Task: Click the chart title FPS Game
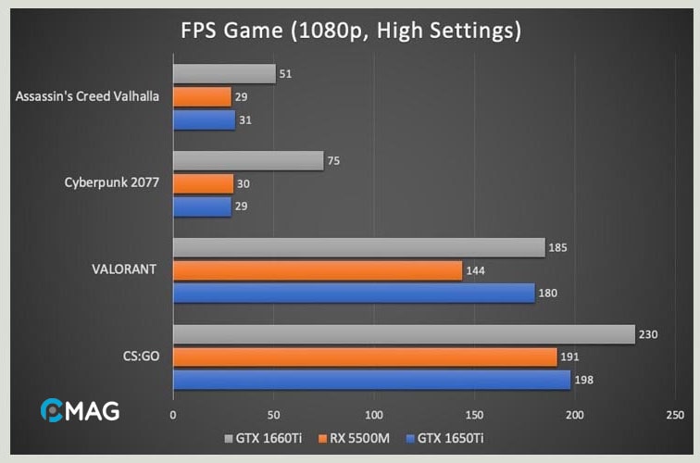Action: click(x=350, y=31)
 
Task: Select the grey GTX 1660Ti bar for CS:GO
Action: click(x=404, y=334)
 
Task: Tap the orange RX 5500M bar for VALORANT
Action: click(x=318, y=270)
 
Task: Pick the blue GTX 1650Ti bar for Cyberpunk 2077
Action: click(x=202, y=206)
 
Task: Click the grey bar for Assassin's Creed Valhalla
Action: click(x=224, y=74)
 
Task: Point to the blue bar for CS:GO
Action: click(x=372, y=380)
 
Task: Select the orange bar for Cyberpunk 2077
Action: click(x=203, y=183)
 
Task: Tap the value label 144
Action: click(x=477, y=270)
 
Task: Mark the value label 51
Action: click(x=286, y=74)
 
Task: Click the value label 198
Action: click(x=584, y=381)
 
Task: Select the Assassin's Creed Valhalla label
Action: click(x=89, y=95)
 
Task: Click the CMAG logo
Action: click(x=80, y=410)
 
